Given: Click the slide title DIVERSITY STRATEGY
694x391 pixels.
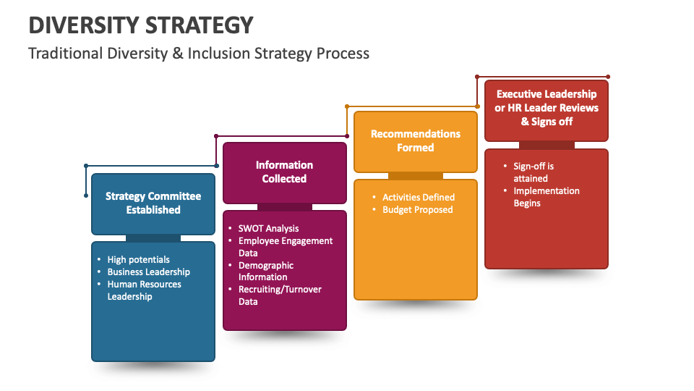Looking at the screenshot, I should (141, 25).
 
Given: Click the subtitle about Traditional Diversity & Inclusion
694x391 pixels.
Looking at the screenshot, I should (199, 54).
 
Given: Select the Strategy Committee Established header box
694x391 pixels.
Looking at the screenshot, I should (153, 203).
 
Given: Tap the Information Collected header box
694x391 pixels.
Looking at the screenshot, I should (284, 172).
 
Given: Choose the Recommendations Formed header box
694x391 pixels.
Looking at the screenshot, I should (416, 141).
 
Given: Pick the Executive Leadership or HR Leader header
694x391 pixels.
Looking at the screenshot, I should (547, 108).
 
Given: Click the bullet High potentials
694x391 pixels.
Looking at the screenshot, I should (139, 259).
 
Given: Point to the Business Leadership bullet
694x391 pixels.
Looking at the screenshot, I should (149, 272).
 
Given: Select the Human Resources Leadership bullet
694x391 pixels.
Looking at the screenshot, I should (144, 290).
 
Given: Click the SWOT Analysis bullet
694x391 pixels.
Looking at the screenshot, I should (268, 228).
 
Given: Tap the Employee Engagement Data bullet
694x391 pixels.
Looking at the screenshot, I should (285, 247).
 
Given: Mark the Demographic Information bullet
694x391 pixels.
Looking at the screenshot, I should (266, 272).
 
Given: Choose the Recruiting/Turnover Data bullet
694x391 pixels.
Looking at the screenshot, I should (280, 295).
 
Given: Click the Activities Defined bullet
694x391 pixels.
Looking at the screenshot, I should (419, 197).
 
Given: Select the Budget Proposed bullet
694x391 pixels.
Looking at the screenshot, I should (418, 209).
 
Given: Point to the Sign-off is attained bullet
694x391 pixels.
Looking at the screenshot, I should (534, 172).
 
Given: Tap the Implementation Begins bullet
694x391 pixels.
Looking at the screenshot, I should (546, 197).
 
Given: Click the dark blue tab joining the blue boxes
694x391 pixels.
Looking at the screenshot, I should (153, 238).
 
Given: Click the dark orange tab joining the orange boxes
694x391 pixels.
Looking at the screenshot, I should (416, 176).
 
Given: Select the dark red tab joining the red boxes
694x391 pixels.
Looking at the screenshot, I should (547, 145).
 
